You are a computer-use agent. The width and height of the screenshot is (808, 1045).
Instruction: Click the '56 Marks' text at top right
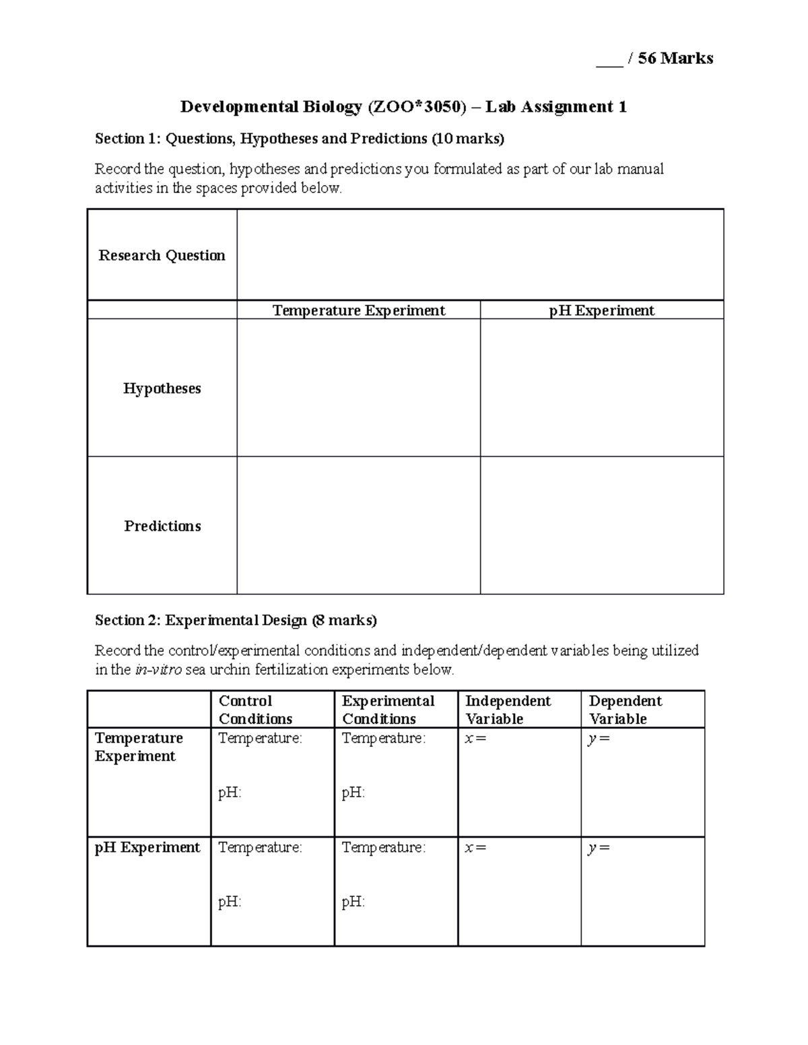tap(675, 59)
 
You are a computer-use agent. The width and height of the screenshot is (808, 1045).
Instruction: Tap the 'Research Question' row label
tap(162, 255)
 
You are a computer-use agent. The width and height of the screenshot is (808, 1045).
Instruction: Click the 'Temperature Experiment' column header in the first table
tap(358, 310)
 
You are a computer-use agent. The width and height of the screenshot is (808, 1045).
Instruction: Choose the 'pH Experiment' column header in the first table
tap(601, 310)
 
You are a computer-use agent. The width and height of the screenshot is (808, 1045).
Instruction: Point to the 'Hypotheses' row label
tap(162, 388)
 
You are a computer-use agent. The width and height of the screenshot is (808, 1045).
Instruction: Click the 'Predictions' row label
tap(162, 526)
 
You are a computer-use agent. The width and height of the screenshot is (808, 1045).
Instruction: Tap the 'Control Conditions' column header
tap(255, 709)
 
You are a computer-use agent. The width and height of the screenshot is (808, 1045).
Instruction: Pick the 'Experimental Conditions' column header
tap(388, 709)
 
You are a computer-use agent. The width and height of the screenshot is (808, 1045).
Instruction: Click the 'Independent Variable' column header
tap(508, 709)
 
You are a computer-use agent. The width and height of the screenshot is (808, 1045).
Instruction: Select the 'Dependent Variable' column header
tap(625, 709)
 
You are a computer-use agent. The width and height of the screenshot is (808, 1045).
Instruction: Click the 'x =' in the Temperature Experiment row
tap(475, 738)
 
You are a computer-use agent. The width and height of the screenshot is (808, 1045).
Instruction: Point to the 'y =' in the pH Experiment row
tap(599, 847)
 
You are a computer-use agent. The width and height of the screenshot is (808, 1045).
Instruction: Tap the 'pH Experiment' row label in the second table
tap(147, 847)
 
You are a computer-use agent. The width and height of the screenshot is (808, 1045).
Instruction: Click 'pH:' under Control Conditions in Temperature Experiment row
tap(230, 793)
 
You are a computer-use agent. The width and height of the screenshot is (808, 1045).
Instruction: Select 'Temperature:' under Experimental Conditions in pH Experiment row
tap(383, 847)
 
